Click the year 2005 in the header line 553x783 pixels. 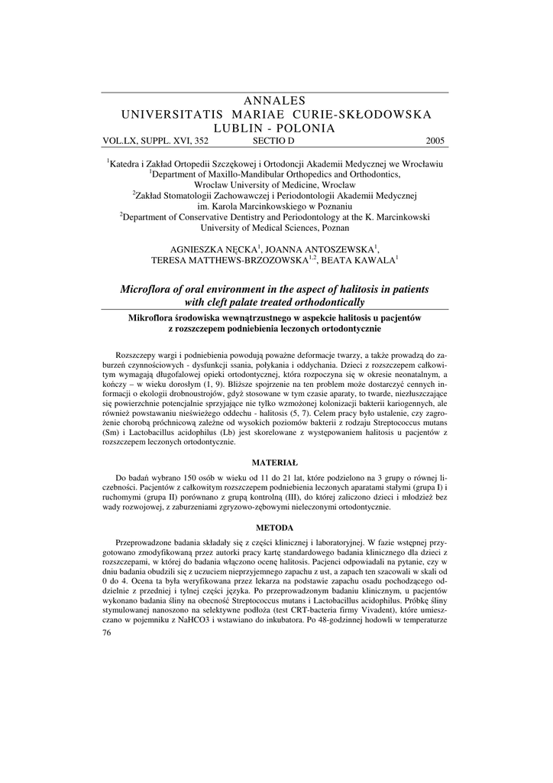[x=433, y=141]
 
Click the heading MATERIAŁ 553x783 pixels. [x=276, y=462]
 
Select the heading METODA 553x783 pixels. [x=276, y=528]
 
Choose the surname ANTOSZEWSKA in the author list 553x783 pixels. [x=337, y=249]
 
